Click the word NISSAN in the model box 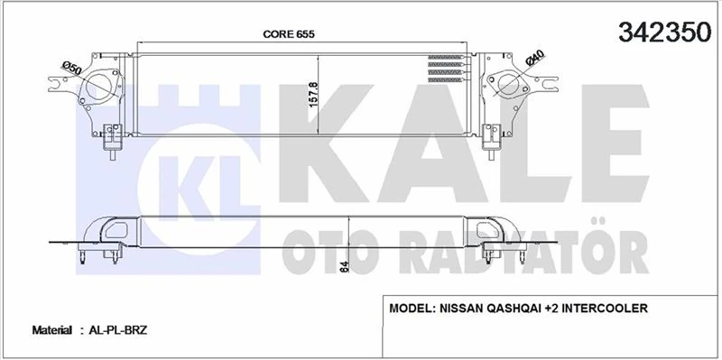(x=468, y=309)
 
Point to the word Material (x=52, y=331)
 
